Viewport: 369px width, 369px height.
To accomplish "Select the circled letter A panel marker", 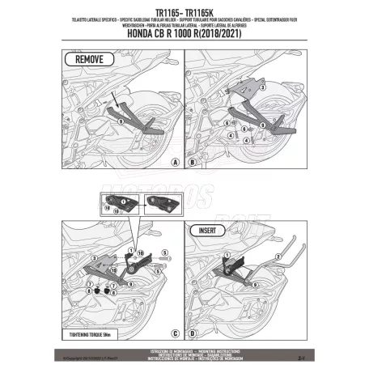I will click(x=174, y=162).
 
